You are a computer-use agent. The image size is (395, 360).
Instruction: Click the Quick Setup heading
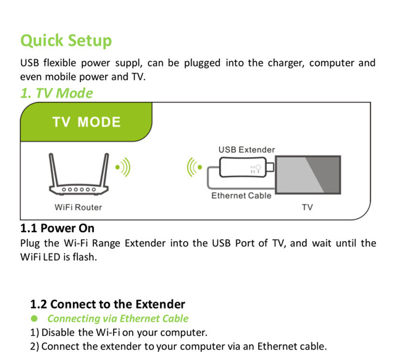click(66, 40)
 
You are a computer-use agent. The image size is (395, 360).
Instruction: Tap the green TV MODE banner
click(86, 122)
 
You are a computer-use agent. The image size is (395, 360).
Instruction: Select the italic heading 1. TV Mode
click(56, 93)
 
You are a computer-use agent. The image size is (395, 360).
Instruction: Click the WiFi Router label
click(78, 207)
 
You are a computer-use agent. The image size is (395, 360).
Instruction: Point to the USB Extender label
click(246, 149)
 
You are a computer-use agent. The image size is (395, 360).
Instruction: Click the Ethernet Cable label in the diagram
click(241, 195)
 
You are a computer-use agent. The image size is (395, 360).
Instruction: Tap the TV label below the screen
click(307, 207)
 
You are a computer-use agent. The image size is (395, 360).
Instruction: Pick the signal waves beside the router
click(123, 167)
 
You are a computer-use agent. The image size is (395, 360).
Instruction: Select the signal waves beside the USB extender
click(194, 167)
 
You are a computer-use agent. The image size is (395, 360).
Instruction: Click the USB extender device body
click(243, 167)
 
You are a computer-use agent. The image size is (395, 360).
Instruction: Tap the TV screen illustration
click(308, 175)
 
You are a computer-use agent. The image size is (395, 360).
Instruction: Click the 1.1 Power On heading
click(57, 228)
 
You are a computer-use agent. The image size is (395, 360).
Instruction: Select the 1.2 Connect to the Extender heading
click(107, 304)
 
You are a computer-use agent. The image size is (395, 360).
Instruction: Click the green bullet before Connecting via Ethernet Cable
click(34, 318)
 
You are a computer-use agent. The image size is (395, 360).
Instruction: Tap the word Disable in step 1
click(58, 332)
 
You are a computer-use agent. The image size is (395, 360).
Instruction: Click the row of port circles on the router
click(79, 189)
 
